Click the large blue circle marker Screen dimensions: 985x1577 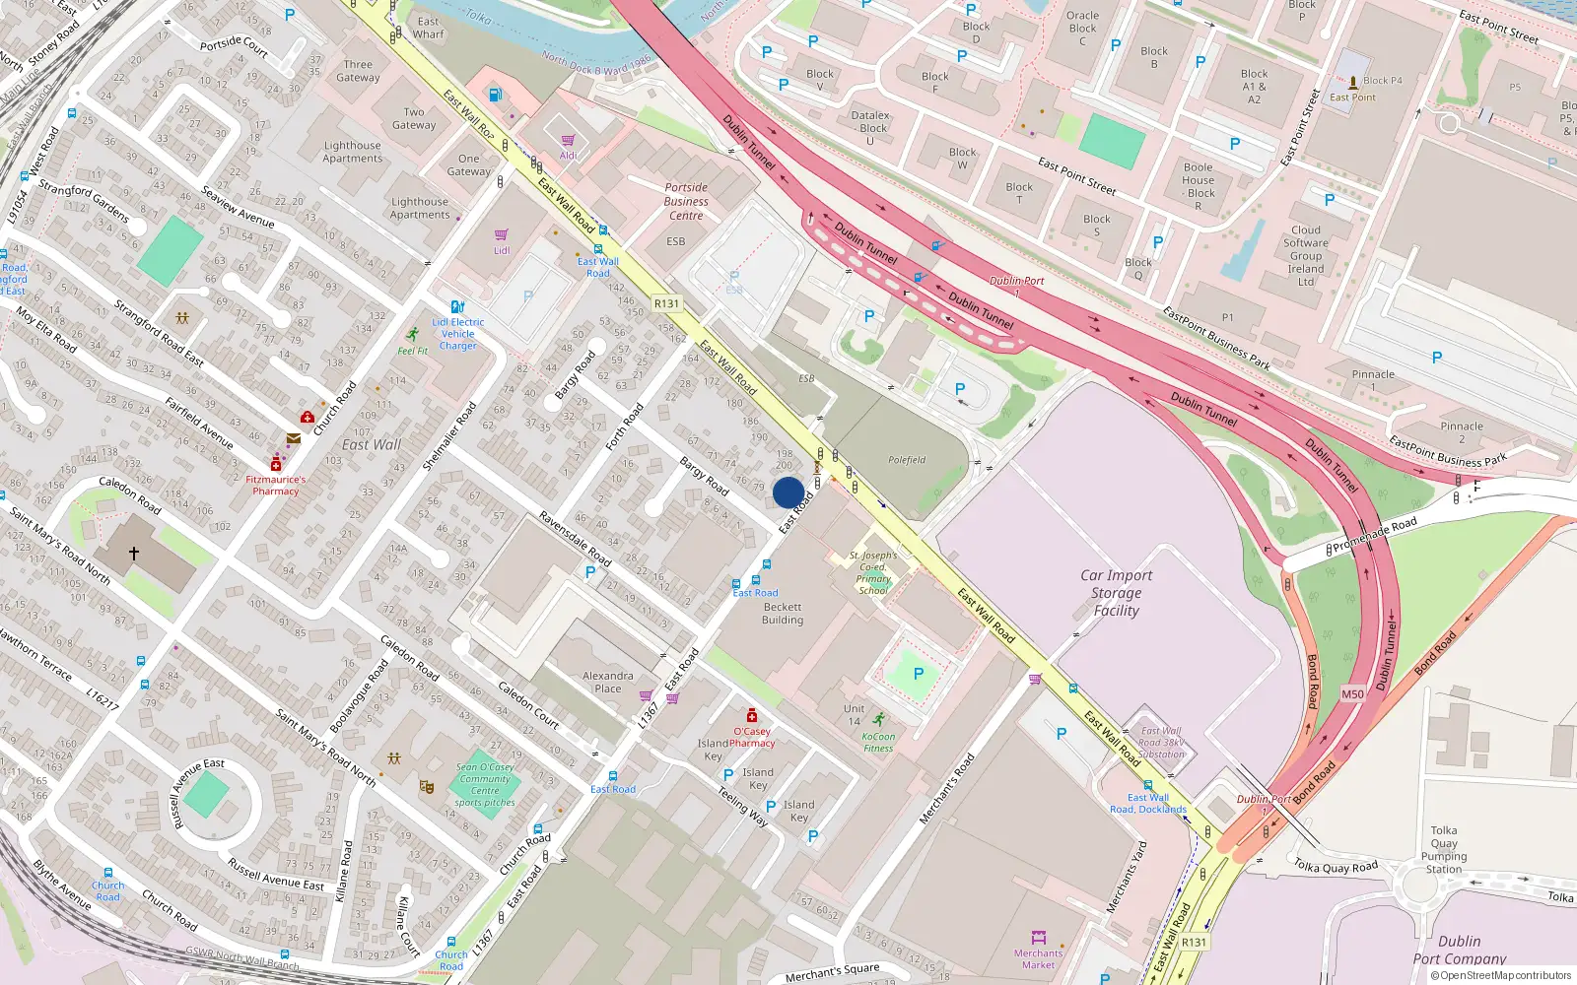(x=788, y=492)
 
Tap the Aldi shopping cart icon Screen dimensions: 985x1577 (x=569, y=140)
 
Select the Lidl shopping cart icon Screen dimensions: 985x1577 (x=502, y=234)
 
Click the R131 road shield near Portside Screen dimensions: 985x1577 (x=667, y=303)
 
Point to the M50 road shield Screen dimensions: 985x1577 (x=1353, y=694)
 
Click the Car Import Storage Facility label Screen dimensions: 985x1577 (x=1116, y=593)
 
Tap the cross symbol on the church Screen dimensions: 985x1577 (x=134, y=554)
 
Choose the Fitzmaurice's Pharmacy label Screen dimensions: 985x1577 (x=275, y=486)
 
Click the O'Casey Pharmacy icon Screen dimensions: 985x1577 (x=752, y=716)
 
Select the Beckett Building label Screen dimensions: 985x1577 (x=783, y=614)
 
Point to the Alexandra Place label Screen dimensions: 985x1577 (x=608, y=682)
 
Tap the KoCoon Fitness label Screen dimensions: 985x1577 (x=878, y=742)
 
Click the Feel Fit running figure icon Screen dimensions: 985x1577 (x=413, y=334)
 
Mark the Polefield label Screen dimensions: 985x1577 (x=907, y=460)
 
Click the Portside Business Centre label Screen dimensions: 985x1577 (x=686, y=201)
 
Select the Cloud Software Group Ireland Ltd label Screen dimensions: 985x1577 (x=1306, y=256)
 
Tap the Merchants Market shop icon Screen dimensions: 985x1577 (x=1038, y=937)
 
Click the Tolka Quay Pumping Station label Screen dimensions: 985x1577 (x=1444, y=850)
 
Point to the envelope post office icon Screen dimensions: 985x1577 (x=293, y=438)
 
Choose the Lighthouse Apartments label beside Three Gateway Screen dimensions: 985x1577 (x=353, y=152)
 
